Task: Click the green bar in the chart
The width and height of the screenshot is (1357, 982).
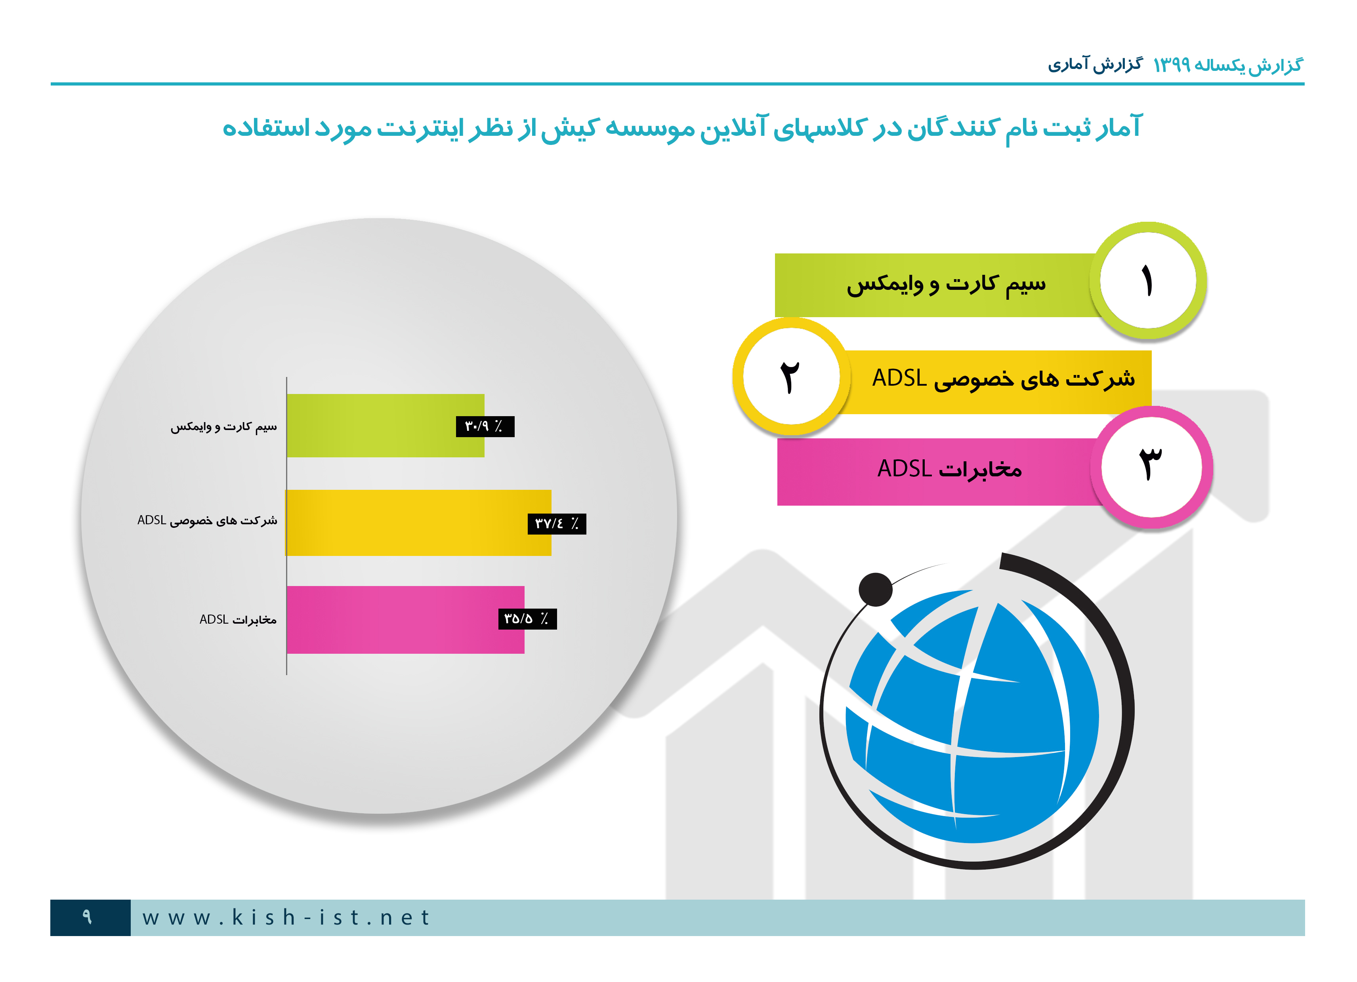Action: (x=386, y=425)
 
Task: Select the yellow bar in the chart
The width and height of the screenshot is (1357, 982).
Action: (x=418, y=523)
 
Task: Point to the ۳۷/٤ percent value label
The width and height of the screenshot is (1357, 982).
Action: (x=556, y=524)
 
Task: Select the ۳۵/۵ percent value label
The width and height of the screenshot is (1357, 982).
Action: (x=527, y=619)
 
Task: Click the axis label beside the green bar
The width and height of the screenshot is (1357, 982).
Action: (x=224, y=426)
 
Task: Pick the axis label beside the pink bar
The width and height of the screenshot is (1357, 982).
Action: (x=238, y=620)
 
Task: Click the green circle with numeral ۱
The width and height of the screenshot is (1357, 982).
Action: (x=1147, y=280)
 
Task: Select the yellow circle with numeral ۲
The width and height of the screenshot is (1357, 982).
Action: (x=791, y=376)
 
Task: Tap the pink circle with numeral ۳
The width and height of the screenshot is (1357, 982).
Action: (x=1151, y=467)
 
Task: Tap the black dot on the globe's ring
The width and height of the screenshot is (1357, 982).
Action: (x=875, y=590)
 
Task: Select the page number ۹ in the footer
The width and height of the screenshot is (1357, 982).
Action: (x=87, y=917)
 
